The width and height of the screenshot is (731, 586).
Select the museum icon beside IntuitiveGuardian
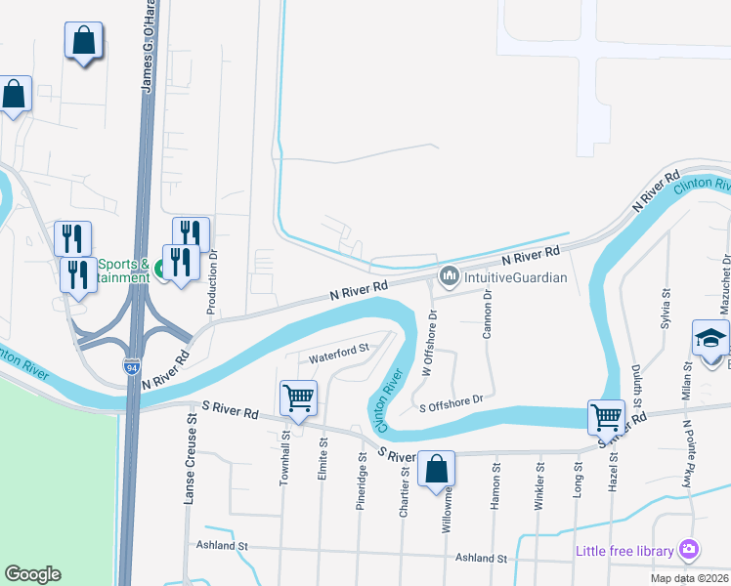pyautogui.click(x=450, y=277)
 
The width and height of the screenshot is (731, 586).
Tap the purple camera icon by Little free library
pyautogui.click(x=690, y=551)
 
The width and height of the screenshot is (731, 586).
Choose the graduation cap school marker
pyautogui.click(x=711, y=340)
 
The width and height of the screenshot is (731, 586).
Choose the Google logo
pyautogui.click(x=33, y=574)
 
